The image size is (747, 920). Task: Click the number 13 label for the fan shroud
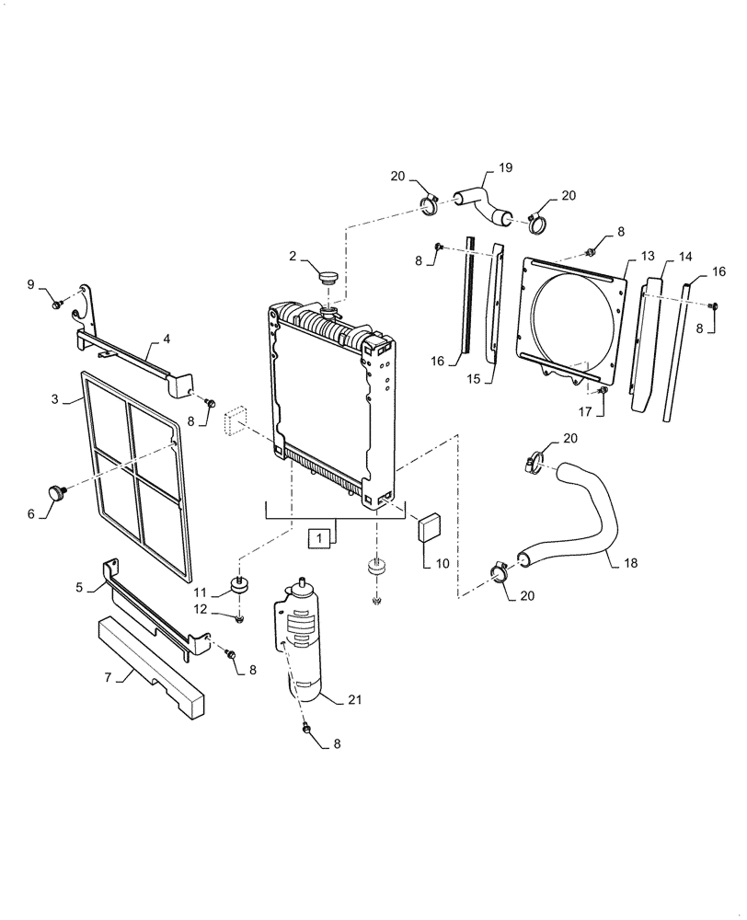click(x=648, y=255)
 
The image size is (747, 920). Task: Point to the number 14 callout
click(x=685, y=255)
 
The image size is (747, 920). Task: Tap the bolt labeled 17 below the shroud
click(x=603, y=392)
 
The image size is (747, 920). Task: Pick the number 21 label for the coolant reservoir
click(x=355, y=699)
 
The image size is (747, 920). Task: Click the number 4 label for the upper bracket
click(x=167, y=339)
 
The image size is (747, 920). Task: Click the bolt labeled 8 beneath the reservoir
click(x=307, y=728)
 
